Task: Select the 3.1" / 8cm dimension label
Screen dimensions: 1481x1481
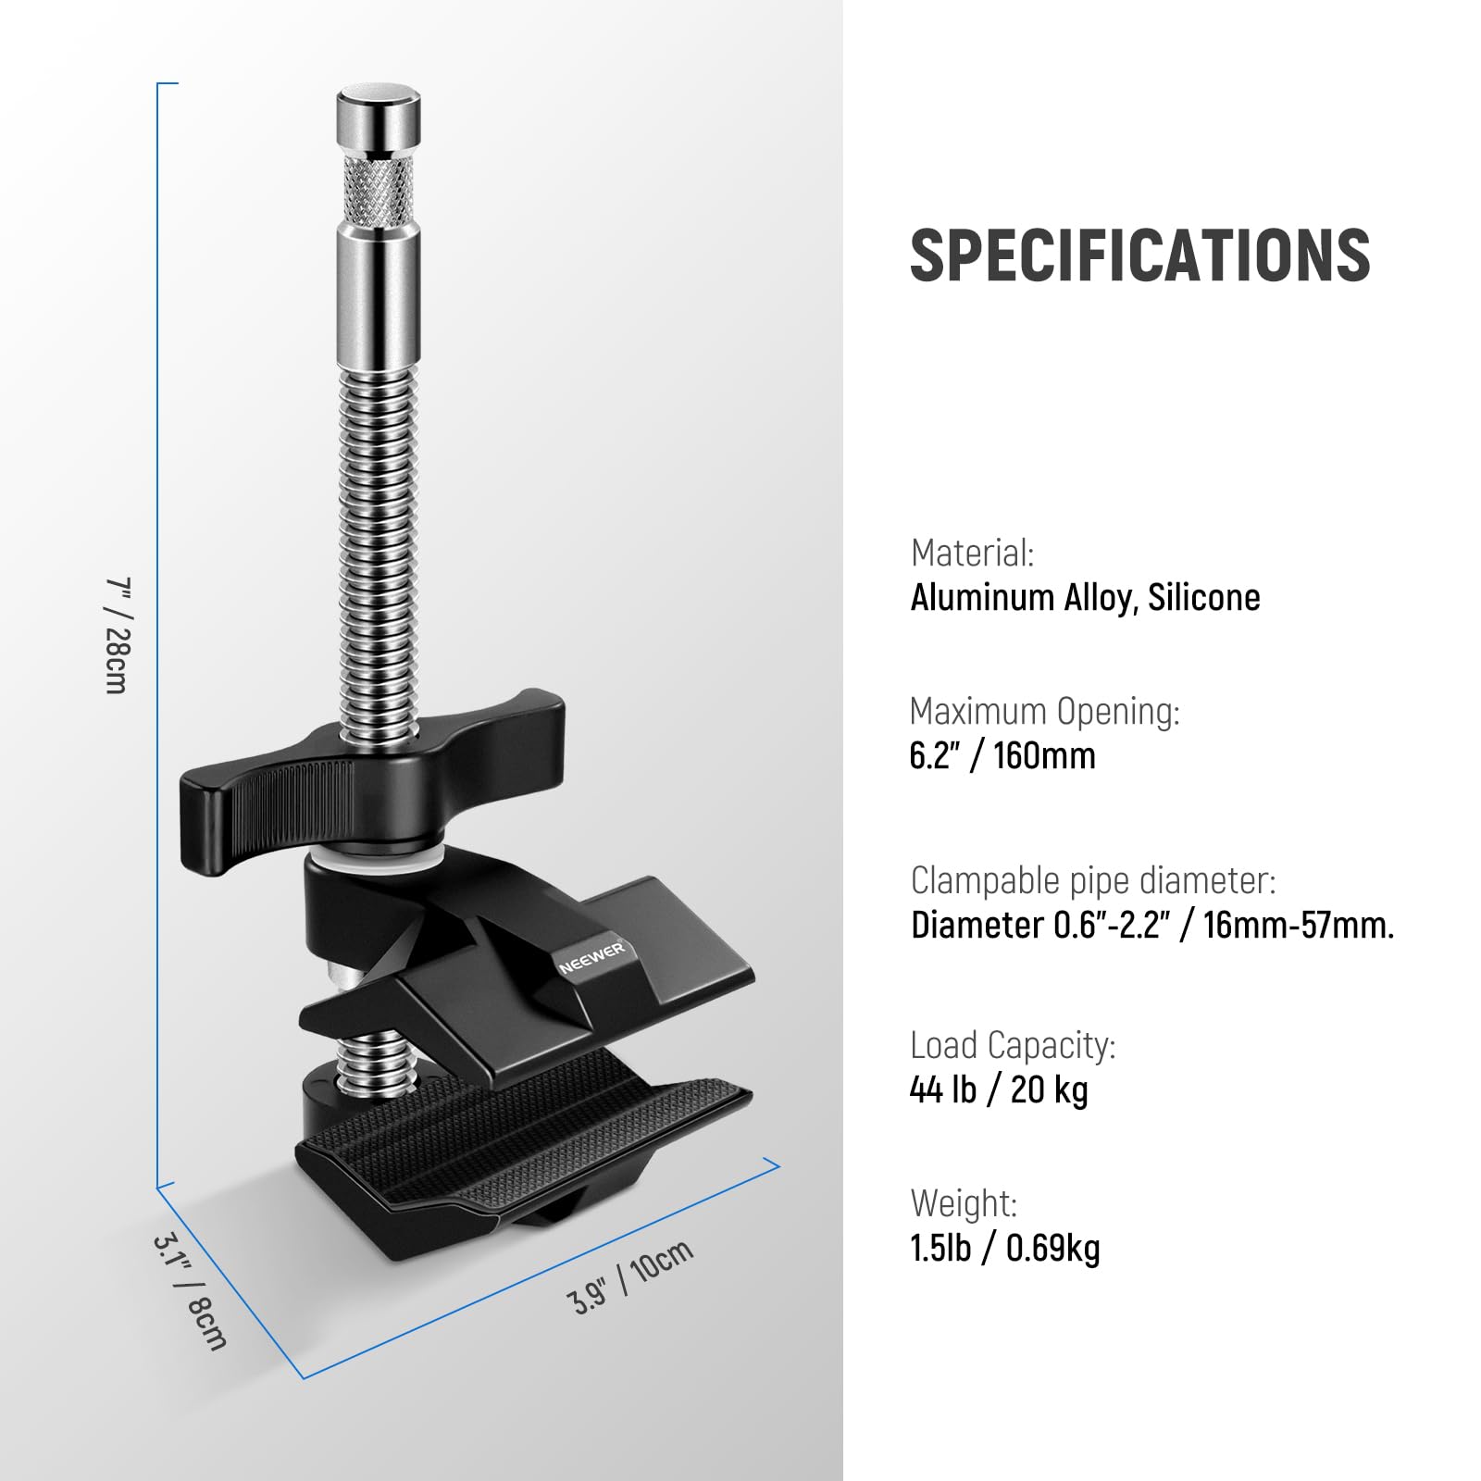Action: point(190,1291)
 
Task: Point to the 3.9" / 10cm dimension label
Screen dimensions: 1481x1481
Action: point(630,1276)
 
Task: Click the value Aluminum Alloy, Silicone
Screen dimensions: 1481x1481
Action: point(1085,598)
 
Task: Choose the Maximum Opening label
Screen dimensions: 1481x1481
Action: point(1045,711)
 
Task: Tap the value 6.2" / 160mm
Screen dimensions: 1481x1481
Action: point(1002,756)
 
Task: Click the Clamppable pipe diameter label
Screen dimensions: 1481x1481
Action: point(1093,880)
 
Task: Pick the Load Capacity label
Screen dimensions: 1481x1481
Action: point(1013,1045)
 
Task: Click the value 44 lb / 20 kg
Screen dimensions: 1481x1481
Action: point(999,1090)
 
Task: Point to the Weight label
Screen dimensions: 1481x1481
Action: point(964,1203)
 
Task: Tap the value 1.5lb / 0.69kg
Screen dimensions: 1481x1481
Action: point(1005,1249)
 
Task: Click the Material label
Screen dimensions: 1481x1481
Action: point(972,553)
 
